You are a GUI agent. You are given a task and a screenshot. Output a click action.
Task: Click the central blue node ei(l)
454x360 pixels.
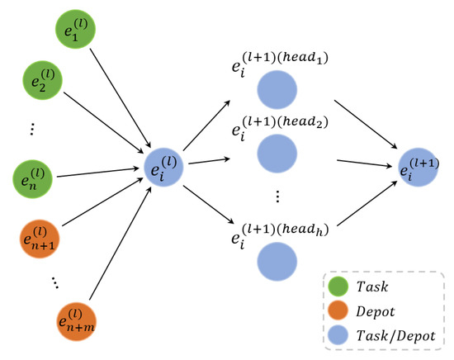tap(165, 168)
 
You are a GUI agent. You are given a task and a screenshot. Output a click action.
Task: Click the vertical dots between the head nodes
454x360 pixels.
tap(277, 196)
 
